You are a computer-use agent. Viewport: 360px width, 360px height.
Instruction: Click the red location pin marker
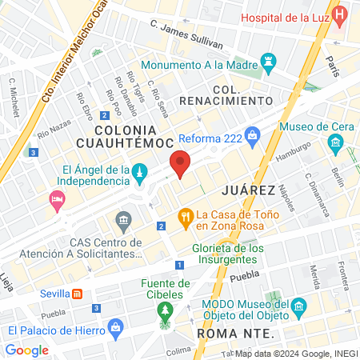click(x=181, y=164)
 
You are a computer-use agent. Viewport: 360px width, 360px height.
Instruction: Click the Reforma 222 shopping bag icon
click(x=254, y=135)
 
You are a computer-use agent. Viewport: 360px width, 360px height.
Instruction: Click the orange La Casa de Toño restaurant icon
click(x=186, y=215)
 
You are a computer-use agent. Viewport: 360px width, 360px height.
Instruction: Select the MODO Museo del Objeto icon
click(x=298, y=307)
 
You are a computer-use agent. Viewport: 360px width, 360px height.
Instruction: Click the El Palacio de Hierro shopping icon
click(x=116, y=328)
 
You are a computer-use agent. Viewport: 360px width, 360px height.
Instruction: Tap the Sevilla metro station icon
click(x=78, y=294)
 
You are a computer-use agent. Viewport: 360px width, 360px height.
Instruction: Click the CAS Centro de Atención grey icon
click(x=123, y=219)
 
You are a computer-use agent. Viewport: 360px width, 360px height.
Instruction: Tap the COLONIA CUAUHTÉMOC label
click(x=123, y=136)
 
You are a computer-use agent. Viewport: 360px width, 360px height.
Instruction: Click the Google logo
click(x=27, y=350)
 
